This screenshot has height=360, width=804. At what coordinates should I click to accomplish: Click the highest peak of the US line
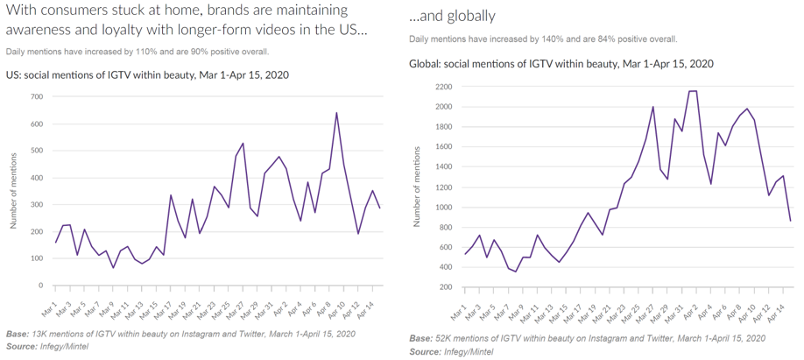(336, 113)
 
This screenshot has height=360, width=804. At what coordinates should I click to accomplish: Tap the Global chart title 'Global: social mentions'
(561, 64)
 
